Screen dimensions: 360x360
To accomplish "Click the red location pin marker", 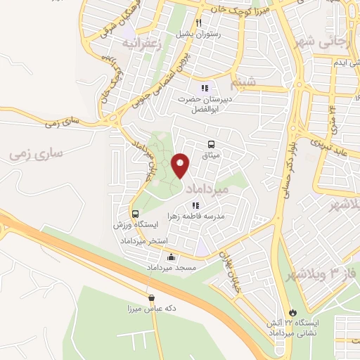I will point(181,165).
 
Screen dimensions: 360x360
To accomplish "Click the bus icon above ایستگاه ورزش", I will point(134,213).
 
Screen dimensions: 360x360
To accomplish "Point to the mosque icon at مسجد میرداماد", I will point(170,258).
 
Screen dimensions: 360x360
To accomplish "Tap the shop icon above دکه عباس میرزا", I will point(150,297).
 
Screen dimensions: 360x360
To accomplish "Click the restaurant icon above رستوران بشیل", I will point(199,23).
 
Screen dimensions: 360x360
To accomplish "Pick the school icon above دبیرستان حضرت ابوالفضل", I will point(204,88).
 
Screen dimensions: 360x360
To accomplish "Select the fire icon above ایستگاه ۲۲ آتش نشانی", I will point(292,311).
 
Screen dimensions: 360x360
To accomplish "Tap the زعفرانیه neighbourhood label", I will point(141,42).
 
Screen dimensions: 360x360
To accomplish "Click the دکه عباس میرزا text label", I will point(150,309).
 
